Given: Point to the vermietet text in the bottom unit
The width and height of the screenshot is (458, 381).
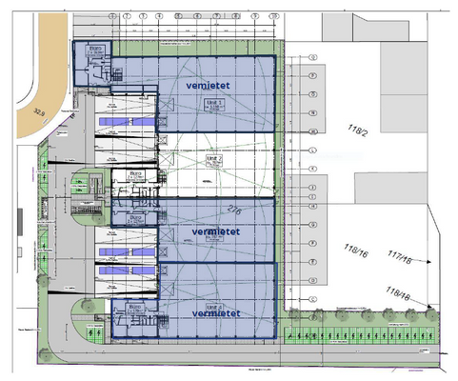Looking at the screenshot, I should coord(214,312).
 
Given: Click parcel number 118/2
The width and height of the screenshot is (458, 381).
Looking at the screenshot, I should coord(359,130).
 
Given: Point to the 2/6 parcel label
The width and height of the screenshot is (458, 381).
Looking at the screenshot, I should coord(235,210).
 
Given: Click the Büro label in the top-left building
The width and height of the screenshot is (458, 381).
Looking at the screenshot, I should coord(95,48).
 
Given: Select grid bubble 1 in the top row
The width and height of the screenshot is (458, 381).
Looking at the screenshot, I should coord(114,17).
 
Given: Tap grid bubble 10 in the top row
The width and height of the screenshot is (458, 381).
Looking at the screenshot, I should coord(272,17).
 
